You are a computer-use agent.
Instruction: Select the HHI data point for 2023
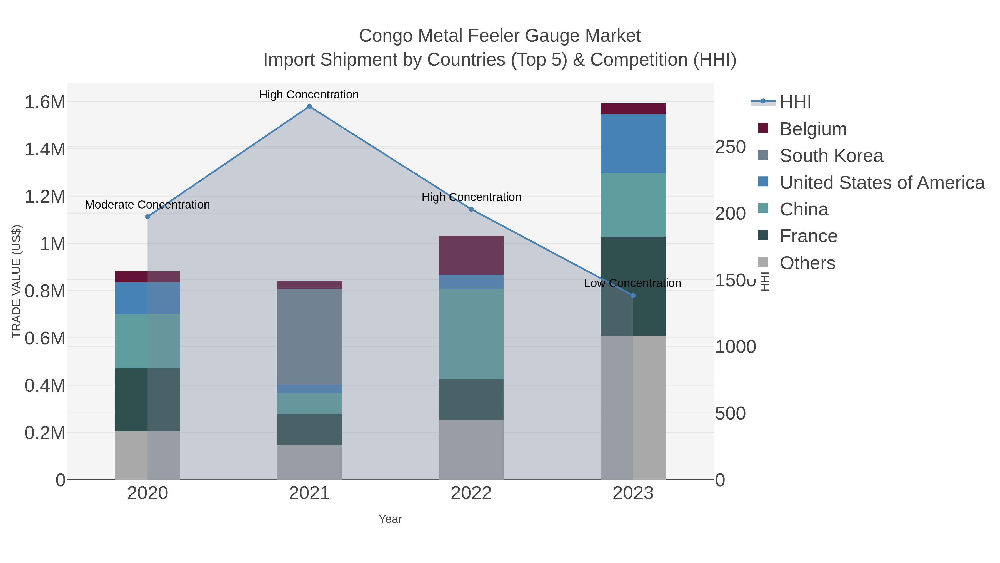click(633, 296)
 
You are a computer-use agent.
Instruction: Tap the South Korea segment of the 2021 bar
click(309, 336)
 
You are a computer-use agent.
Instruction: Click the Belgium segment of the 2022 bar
click(471, 255)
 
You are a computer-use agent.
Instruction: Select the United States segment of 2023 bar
click(633, 143)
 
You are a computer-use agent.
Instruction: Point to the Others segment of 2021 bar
click(309, 462)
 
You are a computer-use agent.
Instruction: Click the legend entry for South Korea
click(831, 156)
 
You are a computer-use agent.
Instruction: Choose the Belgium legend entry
click(813, 129)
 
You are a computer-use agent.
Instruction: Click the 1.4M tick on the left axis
click(45, 150)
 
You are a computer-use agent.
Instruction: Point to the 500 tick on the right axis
click(730, 413)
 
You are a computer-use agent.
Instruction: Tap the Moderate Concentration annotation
click(147, 205)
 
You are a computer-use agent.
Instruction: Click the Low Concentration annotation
click(632, 283)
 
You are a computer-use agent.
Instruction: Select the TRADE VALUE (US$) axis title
click(17, 281)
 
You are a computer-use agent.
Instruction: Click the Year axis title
click(390, 519)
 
